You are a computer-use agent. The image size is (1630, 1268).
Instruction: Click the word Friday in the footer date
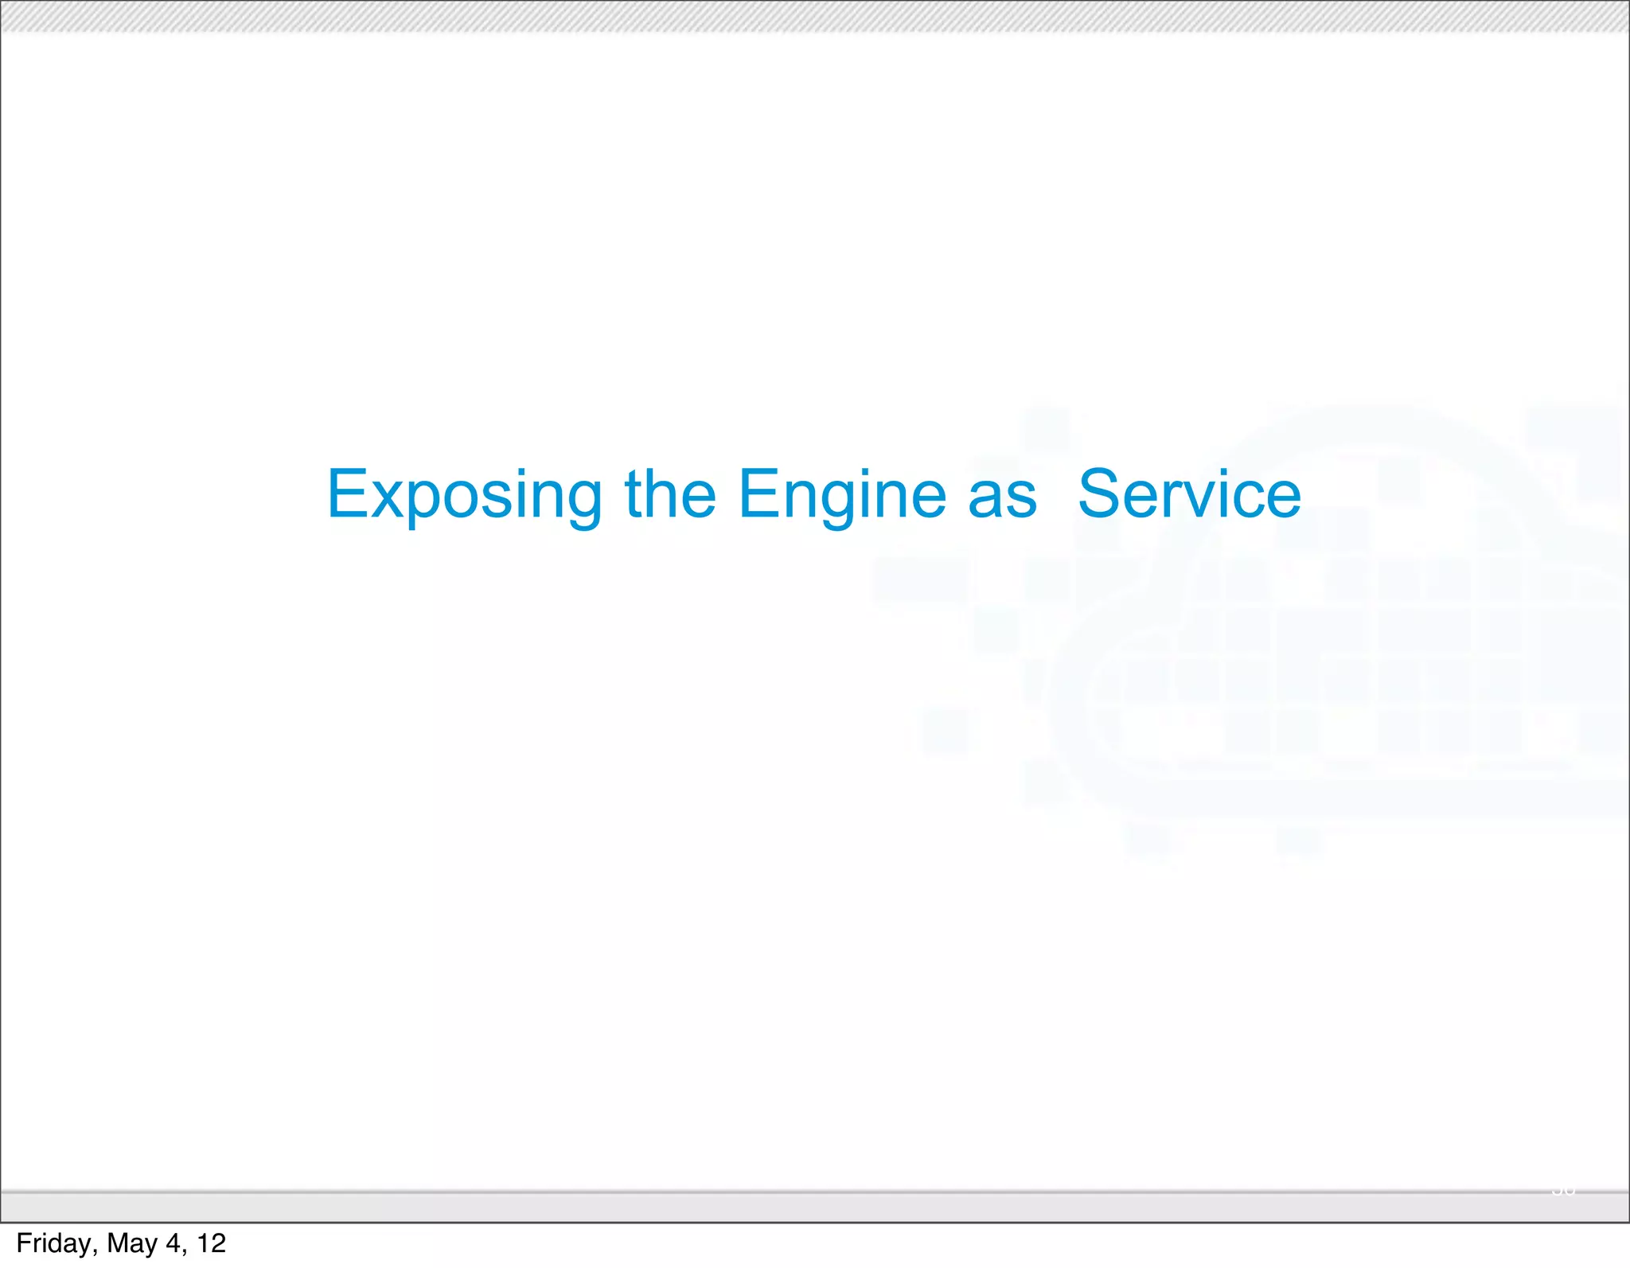coord(55,1243)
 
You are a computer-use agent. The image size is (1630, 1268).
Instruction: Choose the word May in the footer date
coord(132,1243)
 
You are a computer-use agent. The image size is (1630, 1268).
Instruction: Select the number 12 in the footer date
coord(212,1243)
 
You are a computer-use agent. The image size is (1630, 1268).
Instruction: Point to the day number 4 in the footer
coord(173,1243)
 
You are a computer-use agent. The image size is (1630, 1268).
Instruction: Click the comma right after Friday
coord(96,1250)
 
